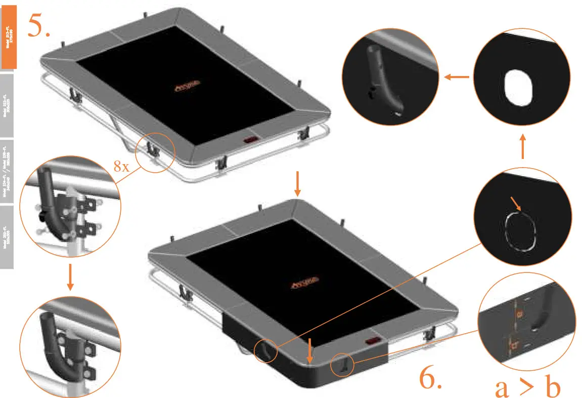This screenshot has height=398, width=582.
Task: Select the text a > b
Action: tap(527, 387)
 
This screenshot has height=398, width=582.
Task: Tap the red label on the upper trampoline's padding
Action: tap(251, 140)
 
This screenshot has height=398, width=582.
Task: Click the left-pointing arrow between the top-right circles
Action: tap(457, 77)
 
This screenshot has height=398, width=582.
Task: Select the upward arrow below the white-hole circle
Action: tap(523, 146)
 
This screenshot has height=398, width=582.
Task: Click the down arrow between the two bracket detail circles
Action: tap(70, 278)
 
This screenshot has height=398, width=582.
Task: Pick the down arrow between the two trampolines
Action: tap(297, 185)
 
